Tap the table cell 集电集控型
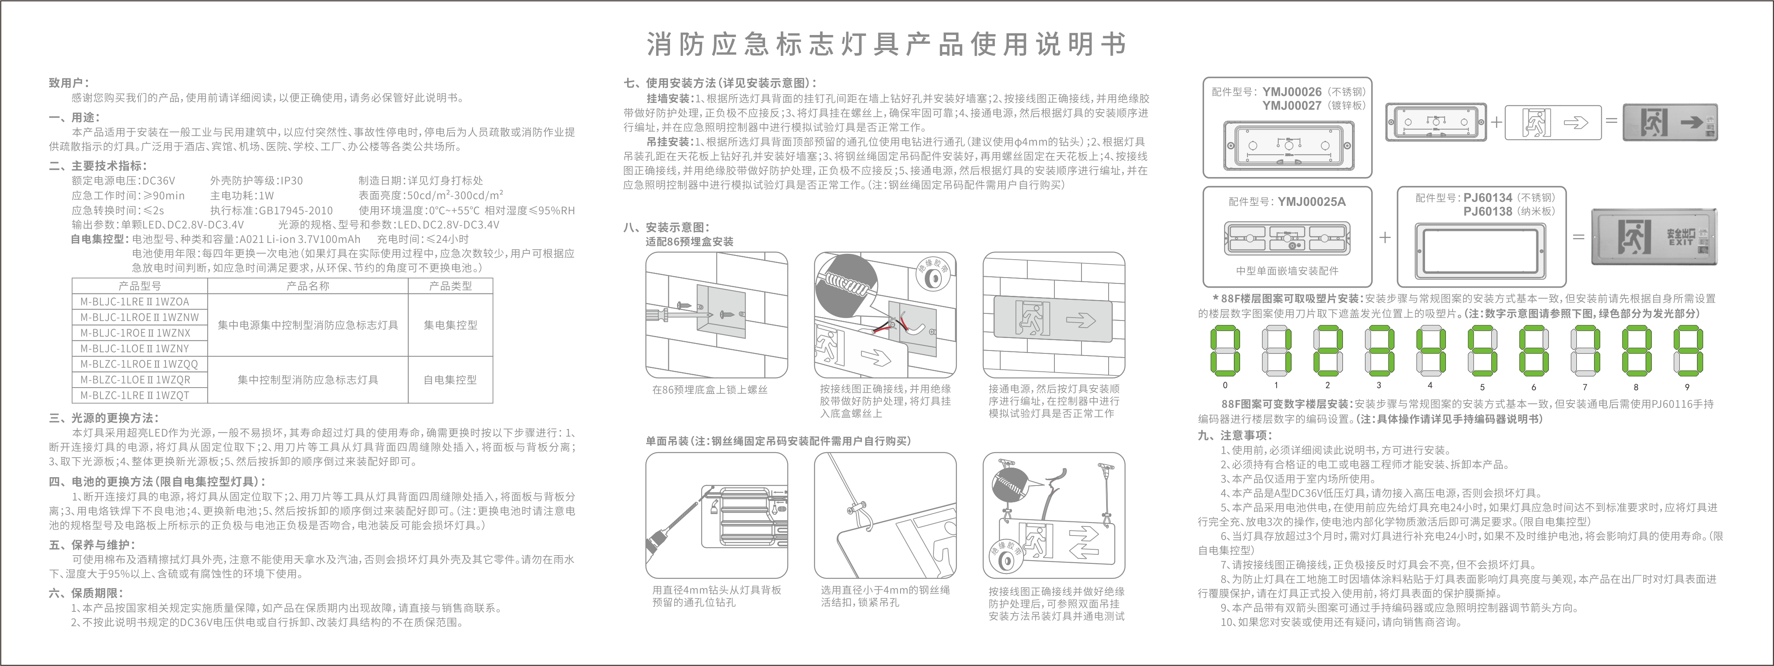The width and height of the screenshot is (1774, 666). pos(450,325)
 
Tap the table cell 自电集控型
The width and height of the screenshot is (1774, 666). pos(450,380)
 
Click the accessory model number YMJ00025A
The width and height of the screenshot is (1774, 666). pos(1311,202)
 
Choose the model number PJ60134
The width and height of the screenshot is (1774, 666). pos(1488,198)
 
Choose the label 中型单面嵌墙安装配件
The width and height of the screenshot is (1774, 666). pos(1287,270)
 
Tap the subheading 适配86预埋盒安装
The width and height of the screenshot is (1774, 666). pos(689,242)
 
